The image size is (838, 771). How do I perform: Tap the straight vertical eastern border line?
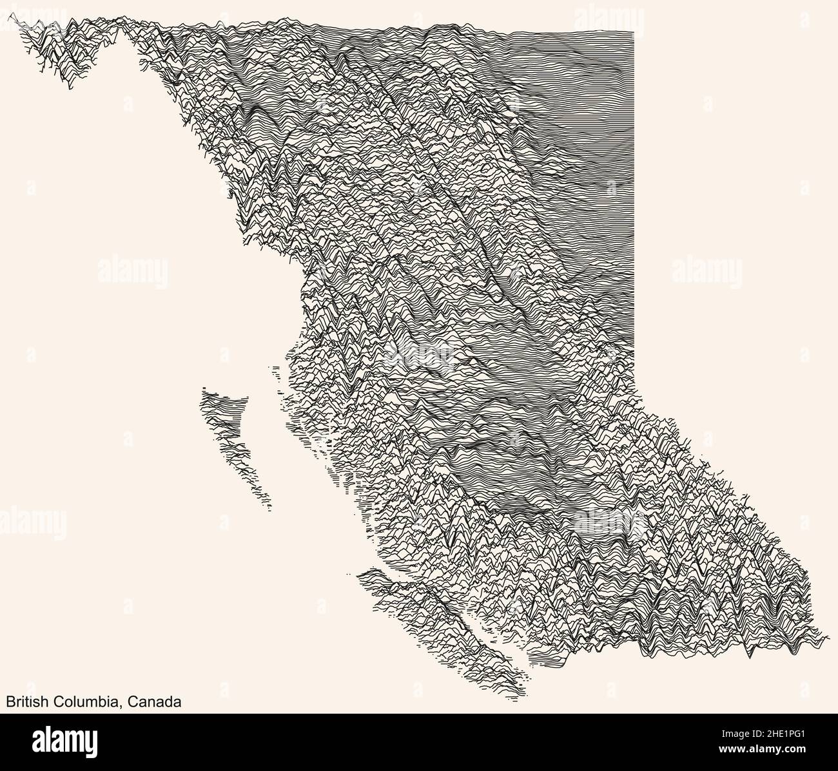(635, 193)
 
